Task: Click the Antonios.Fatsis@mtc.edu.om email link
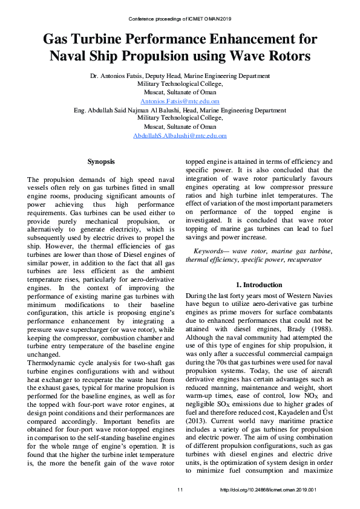pyautogui.click(x=180, y=102)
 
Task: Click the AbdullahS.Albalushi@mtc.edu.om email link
pyautogui.click(x=180, y=136)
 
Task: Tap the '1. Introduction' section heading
pyautogui.click(x=258, y=285)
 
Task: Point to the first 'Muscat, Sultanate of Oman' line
pyautogui.click(x=180, y=92)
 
